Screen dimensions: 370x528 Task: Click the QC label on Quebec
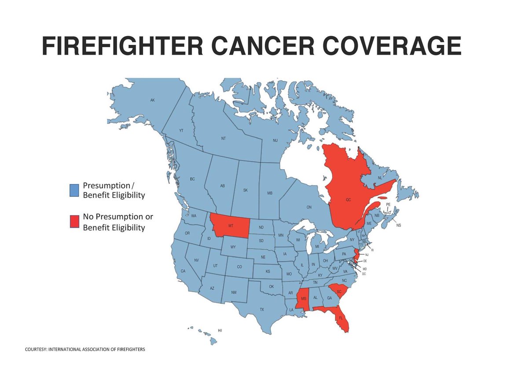[348, 200]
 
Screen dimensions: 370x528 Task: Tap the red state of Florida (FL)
[341, 318]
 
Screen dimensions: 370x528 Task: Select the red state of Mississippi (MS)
[304, 300]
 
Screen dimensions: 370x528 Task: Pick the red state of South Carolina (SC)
[339, 291]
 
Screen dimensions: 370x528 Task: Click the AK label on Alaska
[152, 100]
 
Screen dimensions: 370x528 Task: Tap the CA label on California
[183, 271]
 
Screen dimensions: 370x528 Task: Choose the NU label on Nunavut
[275, 141]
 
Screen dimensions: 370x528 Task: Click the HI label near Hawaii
[220, 330]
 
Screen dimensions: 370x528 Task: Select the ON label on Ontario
[309, 207]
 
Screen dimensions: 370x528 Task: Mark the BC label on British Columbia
[192, 179]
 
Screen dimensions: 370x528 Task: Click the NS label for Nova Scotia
[399, 225]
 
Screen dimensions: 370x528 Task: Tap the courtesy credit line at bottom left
[84, 349]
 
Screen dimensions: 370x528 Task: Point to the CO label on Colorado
[239, 266]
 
